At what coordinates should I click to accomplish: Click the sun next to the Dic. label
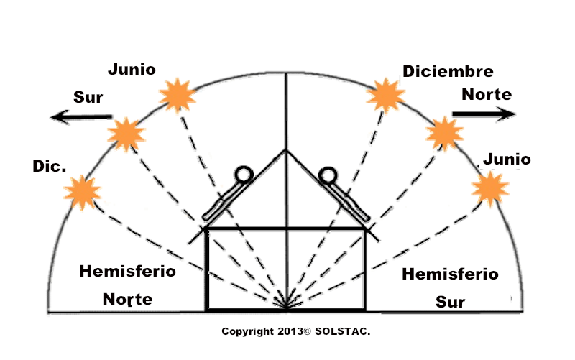coord(82,193)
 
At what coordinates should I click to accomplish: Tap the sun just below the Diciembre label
coord(386,96)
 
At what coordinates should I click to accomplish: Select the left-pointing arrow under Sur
coord(81,117)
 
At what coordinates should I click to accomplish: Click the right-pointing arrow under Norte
coord(484,114)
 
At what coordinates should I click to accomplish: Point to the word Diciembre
coord(448,71)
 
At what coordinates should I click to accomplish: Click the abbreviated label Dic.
coord(50,166)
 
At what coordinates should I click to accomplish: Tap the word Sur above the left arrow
coord(88,97)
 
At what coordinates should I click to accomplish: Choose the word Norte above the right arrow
coord(487,94)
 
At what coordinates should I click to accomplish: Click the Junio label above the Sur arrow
coord(132,69)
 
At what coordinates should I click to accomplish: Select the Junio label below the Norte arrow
coord(507,159)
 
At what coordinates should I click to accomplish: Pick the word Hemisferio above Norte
coord(128,272)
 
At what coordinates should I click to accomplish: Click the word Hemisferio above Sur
coord(451,274)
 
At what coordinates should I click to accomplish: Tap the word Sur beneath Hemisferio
coord(451,302)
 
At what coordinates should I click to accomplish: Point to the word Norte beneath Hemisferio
coord(128,299)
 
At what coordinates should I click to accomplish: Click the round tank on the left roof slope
coord(244,175)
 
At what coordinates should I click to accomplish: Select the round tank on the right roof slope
coord(328,175)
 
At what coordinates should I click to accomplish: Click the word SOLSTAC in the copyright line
coord(343,331)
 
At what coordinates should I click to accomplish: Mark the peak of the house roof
coord(286,149)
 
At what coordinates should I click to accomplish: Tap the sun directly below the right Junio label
coord(490,189)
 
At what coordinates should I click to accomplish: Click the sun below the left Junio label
coord(178,96)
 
